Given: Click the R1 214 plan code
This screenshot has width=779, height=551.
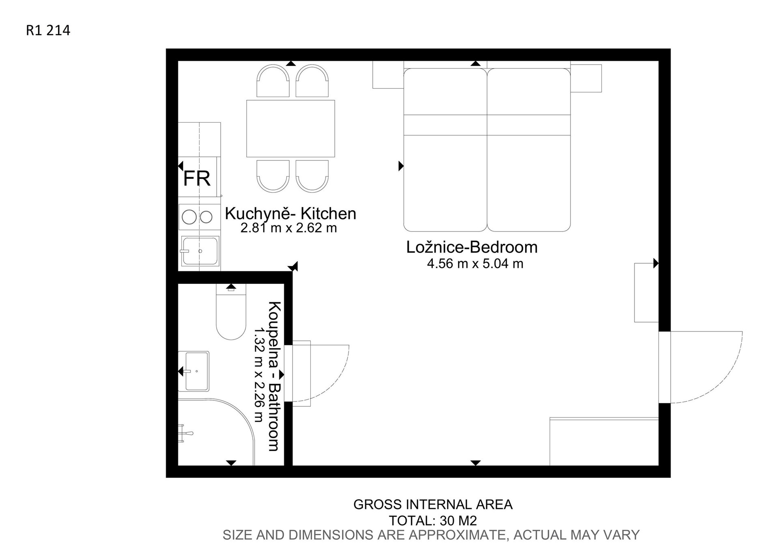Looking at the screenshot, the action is pyautogui.click(x=48, y=30).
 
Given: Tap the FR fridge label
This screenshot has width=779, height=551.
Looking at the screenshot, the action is pyautogui.click(x=197, y=178).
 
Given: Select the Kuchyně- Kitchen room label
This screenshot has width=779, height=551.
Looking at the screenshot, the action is pyautogui.click(x=291, y=214).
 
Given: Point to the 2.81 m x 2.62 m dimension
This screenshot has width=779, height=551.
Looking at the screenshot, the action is pyautogui.click(x=288, y=228).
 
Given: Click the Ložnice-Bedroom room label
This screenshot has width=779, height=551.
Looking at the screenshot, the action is pyautogui.click(x=472, y=247).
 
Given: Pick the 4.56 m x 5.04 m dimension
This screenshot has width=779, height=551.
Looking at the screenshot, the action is pyautogui.click(x=475, y=264).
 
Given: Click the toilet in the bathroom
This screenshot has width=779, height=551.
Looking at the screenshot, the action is pyautogui.click(x=231, y=311).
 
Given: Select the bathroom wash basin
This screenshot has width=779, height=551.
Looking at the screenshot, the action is pyautogui.click(x=194, y=371).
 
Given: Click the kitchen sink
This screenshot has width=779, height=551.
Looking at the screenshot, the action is pyautogui.click(x=200, y=251).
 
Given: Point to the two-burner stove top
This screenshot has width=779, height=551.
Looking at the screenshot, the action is pyautogui.click(x=198, y=217).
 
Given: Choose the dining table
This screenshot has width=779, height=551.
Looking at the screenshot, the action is pyautogui.click(x=291, y=128).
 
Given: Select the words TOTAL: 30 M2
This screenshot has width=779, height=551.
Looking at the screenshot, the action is pyautogui.click(x=433, y=521).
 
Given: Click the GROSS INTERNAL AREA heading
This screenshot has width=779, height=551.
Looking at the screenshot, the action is pyautogui.click(x=433, y=505).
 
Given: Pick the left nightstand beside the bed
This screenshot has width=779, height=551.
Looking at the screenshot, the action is pyautogui.click(x=388, y=75).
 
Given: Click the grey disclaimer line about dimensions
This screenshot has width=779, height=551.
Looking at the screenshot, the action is pyautogui.click(x=431, y=535).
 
